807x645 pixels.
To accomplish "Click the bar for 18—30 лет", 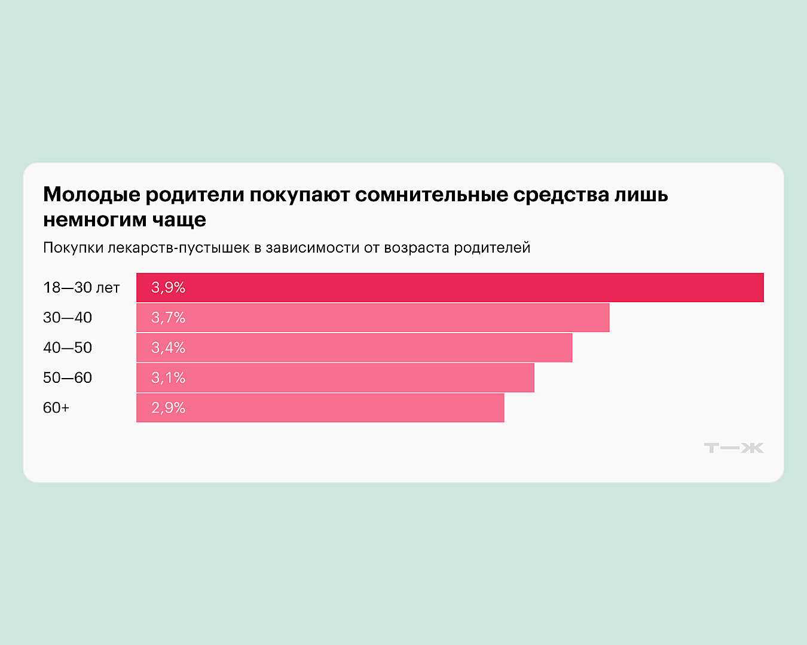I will [450, 287].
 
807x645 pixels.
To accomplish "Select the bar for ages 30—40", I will [372, 318].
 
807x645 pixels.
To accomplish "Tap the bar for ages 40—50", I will [354, 348].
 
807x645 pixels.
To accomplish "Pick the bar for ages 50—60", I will [335, 377].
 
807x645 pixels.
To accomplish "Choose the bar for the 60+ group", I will [320, 407].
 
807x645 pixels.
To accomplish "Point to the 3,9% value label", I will [168, 287].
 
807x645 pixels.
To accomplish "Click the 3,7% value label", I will [168, 318].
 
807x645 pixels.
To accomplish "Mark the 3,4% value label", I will [168, 348].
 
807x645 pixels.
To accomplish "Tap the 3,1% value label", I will [168, 377].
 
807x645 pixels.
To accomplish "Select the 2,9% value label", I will [168, 407].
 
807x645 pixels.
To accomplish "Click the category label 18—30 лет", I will [81, 287].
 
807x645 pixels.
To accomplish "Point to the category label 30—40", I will [68, 318].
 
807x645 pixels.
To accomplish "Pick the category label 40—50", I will [68, 348].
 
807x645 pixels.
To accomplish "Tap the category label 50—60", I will [68, 377].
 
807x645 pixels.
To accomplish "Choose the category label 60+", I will [56, 407].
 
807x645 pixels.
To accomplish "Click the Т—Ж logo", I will [733, 448].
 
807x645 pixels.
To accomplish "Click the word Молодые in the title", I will [91, 195].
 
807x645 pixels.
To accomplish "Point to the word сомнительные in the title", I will [431, 195].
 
